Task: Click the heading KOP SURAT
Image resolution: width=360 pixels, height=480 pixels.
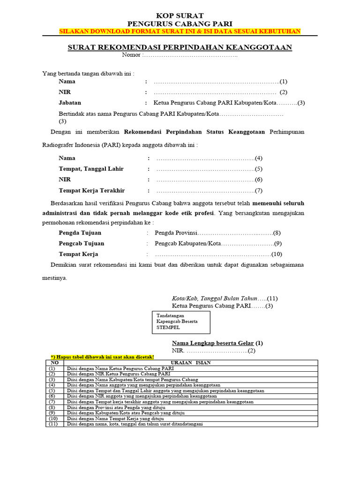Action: (x=180, y=16)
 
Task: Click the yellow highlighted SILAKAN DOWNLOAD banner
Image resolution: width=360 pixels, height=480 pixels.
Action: (x=180, y=31)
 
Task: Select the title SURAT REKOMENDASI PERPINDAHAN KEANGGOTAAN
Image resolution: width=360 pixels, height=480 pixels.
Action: (x=180, y=47)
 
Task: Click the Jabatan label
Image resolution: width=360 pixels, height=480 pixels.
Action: (x=70, y=103)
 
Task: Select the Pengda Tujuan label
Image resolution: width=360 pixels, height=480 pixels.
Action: (x=80, y=232)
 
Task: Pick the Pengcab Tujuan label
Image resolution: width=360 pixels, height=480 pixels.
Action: (x=82, y=243)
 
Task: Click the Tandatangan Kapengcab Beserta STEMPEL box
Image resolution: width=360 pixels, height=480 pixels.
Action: (x=181, y=322)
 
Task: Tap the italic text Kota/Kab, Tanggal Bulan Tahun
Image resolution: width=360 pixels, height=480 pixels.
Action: (x=215, y=298)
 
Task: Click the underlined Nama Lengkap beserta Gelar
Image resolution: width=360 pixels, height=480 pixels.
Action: (x=217, y=343)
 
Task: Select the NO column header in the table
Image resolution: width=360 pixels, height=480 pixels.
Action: (x=54, y=362)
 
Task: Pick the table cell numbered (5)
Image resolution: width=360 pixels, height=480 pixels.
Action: (x=54, y=390)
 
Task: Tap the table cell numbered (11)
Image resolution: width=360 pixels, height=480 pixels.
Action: (x=54, y=424)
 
